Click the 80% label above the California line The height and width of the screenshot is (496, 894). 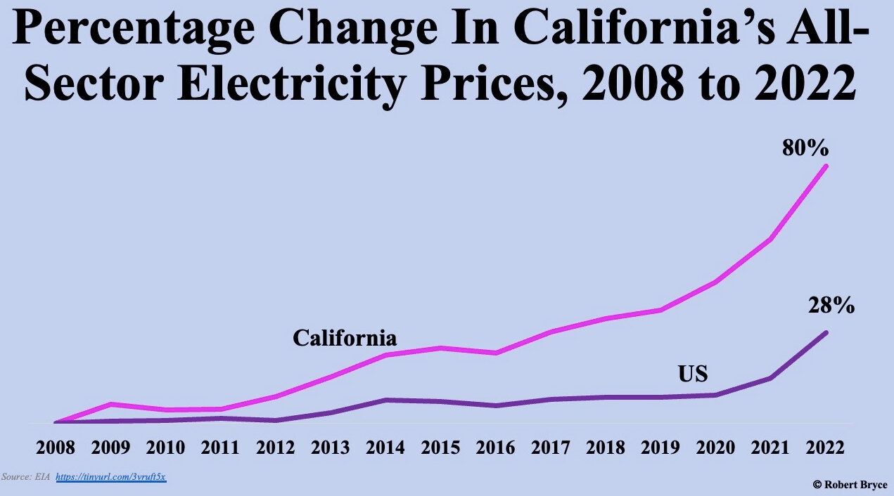805,148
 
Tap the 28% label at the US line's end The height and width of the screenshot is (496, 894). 831,306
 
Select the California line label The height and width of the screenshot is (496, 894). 345,338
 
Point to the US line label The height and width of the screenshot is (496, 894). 692,374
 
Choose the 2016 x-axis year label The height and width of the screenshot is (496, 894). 494,447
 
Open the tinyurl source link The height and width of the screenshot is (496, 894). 110,477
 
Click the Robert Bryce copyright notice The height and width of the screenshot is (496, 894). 850,484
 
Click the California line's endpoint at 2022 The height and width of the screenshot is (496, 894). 826,167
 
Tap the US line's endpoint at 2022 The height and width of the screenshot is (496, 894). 826,332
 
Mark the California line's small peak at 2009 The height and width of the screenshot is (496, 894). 110,404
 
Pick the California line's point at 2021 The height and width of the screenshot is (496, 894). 772,240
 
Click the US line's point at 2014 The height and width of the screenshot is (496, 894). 385,400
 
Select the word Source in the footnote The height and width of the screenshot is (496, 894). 13,477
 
